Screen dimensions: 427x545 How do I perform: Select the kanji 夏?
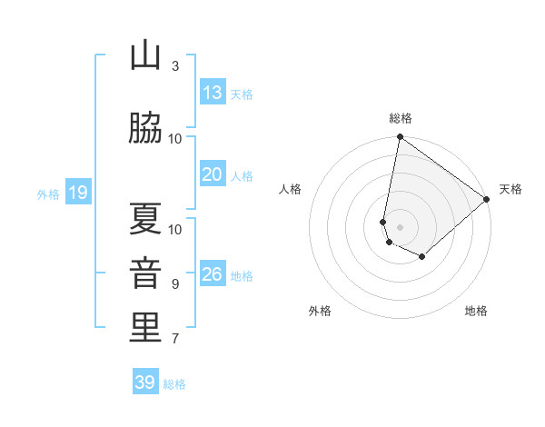145,219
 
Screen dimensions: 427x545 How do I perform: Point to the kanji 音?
145,273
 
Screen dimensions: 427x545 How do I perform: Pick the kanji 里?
145,328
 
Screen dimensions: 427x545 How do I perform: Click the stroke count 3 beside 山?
175,65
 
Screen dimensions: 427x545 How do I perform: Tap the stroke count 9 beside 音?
175,283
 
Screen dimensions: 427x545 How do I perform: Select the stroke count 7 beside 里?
175,339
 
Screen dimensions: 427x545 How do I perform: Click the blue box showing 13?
212,92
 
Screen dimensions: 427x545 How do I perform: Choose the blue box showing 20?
212,174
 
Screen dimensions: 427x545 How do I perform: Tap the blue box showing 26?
212,273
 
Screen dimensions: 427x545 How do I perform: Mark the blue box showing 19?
77,192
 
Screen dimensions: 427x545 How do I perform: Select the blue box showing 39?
144,382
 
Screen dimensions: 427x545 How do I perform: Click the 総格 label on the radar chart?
401,118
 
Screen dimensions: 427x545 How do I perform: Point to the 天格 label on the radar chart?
510,189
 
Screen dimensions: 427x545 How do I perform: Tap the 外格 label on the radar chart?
320,312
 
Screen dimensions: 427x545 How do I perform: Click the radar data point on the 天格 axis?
487,199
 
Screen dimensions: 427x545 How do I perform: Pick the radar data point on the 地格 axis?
422,257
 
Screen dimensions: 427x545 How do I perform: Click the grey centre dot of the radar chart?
401,226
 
